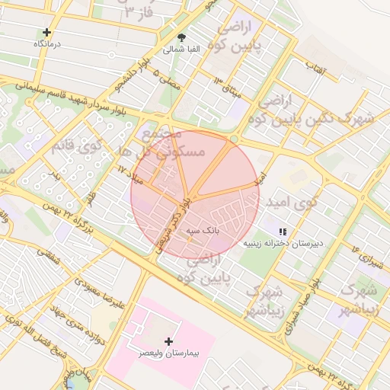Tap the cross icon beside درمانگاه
(x=47, y=32)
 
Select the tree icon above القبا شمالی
(x=181, y=37)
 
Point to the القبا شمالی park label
(x=181, y=50)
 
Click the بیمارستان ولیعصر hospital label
(x=168, y=354)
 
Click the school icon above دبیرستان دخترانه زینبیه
(x=283, y=231)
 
